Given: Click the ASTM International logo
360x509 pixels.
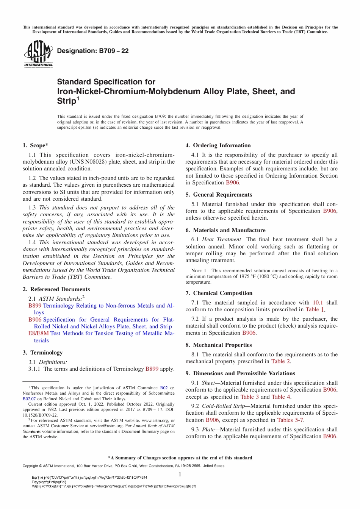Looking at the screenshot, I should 38,53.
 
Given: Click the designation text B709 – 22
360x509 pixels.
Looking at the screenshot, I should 92,51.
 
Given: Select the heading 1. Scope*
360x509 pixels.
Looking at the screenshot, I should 35,145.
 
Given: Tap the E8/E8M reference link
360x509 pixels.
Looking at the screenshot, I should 38,333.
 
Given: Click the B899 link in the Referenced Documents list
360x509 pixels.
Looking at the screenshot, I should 35,306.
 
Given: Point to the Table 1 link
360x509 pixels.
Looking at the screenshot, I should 315,309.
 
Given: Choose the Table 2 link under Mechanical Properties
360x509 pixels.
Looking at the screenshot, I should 280,361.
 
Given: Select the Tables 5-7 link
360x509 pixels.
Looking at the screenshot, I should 290,420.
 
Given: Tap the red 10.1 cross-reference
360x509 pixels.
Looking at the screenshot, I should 318,303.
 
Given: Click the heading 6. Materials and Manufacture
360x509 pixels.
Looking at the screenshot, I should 225,230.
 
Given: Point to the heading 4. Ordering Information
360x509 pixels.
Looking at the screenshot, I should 218,145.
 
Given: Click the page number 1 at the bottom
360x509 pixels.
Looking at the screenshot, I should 180,475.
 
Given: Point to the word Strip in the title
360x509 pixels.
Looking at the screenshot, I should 66,101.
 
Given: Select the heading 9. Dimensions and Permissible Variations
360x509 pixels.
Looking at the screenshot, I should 240,373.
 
